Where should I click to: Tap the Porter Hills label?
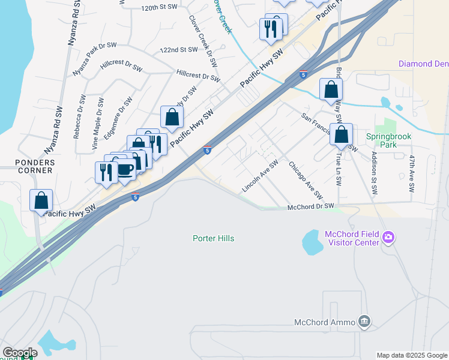pyautogui.click(x=213, y=238)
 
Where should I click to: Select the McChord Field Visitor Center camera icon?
pyautogui.click(x=388, y=238)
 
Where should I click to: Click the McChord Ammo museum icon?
pyautogui.click(x=364, y=322)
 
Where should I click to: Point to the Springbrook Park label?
pyautogui.click(x=389, y=140)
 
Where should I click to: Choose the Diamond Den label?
pyautogui.click(x=423, y=64)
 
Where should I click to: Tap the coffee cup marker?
pyautogui.click(x=125, y=170)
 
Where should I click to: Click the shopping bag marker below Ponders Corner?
pyautogui.click(x=41, y=200)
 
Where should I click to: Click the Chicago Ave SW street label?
pyautogui.click(x=306, y=181)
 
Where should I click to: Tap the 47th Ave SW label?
pyautogui.click(x=412, y=173)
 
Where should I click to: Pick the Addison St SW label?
pyautogui.click(x=374, y=173)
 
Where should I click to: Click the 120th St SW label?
pyautogui.click(x=160, y=7)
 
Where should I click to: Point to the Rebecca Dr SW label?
pyautogui.click(x=78, y=116)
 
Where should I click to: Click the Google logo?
pyautogui.click(x=20, y=353)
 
